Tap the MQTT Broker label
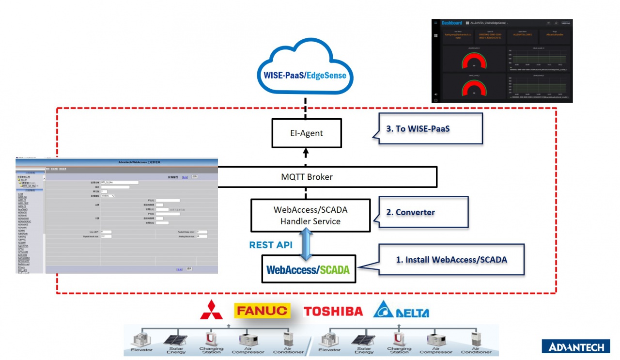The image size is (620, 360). [307, 177]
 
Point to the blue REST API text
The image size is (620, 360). [271, 245]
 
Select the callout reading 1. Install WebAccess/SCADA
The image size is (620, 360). [451, 260]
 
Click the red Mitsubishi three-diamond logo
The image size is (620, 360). [211, 310]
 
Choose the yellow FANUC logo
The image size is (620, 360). [262, 311]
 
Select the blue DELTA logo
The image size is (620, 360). [401, 310]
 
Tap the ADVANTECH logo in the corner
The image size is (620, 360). [575, 347]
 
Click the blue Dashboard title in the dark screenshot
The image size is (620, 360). [451, 23]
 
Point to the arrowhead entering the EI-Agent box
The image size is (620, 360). [306, 152]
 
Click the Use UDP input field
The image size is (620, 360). [106, 232]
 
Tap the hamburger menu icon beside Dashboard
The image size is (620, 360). [436, 23]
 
